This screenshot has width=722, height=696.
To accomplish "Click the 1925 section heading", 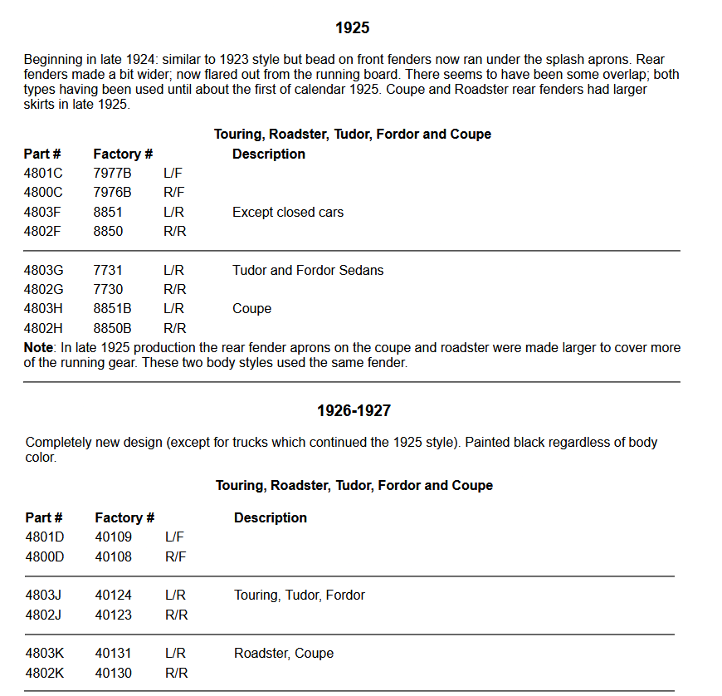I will pyautogui.click(x=352, y=28).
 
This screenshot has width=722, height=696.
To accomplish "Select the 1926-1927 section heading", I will pyautogui.click(x=354, y=411).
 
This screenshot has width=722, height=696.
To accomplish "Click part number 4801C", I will pyautogui.click(x=43, y=174).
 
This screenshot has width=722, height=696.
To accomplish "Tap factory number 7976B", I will pyautogui.click(x=112, y=193).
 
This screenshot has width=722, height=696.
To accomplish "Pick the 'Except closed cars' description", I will pyautogui.click(x=288, y=213).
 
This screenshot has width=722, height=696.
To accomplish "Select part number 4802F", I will pyautogui.click(x=43, y=232).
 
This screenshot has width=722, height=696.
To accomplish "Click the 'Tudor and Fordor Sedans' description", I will pyautogui.click(x=308, y=270).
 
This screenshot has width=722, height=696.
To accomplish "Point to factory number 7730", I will pyautogui.click(x=108, y=290).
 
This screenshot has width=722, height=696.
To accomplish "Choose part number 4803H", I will pyautogui.click(x=43, y=309).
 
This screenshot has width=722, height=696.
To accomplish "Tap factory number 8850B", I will pyautogui.click(x=112, y=328).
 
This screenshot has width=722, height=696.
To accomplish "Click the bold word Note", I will pyautogui.click(x=39, y=348).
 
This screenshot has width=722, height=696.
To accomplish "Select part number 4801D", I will pyautogui.click(x=45, y=537).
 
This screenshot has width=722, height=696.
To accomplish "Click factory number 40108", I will pyautogui.click(x=113, y=556).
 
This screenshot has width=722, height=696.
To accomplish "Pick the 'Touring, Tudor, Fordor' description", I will pyautogui.click(x=300, y=596).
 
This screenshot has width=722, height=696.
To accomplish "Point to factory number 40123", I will pyautogui.click(x=113, y=615).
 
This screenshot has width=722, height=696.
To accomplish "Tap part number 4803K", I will pyautogui.click(x=45, y=654).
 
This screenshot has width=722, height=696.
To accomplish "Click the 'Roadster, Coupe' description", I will pyautogui.click(x=284, y=654).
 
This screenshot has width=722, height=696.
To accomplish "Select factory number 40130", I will pyautogui.click(x=113, y=673).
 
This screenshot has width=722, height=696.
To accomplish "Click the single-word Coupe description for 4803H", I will pyautogui.click(x=251, y=309).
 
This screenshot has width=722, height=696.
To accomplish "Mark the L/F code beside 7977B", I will pyautogui.click(x=173, y=174).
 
